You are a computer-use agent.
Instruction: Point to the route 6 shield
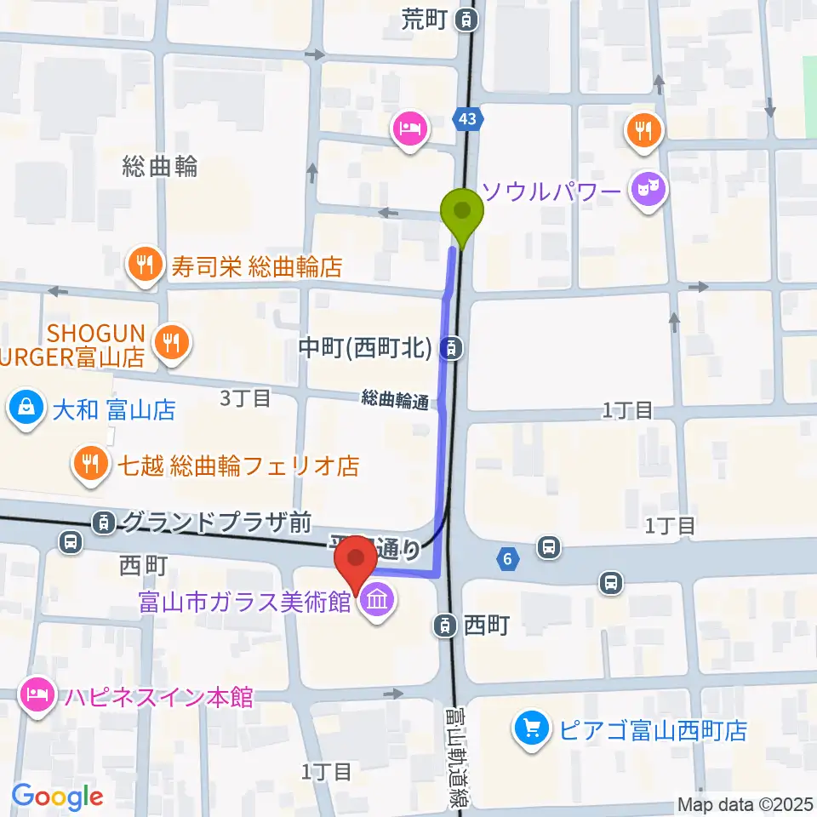tap(507, 559)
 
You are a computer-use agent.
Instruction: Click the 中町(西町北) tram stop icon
tap(454, 346)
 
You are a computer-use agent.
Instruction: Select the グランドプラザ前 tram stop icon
tap(104, 522)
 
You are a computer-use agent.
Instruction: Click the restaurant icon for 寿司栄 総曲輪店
tap(146, 266)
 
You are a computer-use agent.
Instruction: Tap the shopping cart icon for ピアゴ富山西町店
tap(532, 729)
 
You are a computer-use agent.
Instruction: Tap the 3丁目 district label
tap(245, 397)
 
